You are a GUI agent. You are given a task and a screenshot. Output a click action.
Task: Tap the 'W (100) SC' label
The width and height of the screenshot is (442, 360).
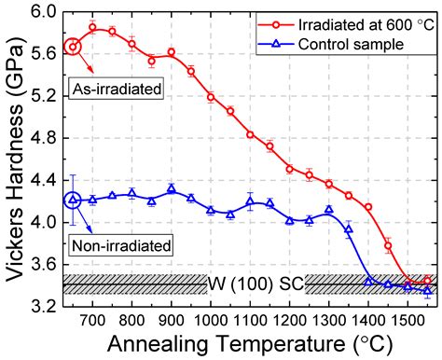[256, 283]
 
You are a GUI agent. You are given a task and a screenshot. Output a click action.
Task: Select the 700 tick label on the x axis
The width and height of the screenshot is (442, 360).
[93, 319]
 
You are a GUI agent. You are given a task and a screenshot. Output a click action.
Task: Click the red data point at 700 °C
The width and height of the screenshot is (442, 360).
[93, 27]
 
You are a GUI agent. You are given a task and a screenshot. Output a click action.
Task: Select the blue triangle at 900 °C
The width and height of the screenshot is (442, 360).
[172, 188]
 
